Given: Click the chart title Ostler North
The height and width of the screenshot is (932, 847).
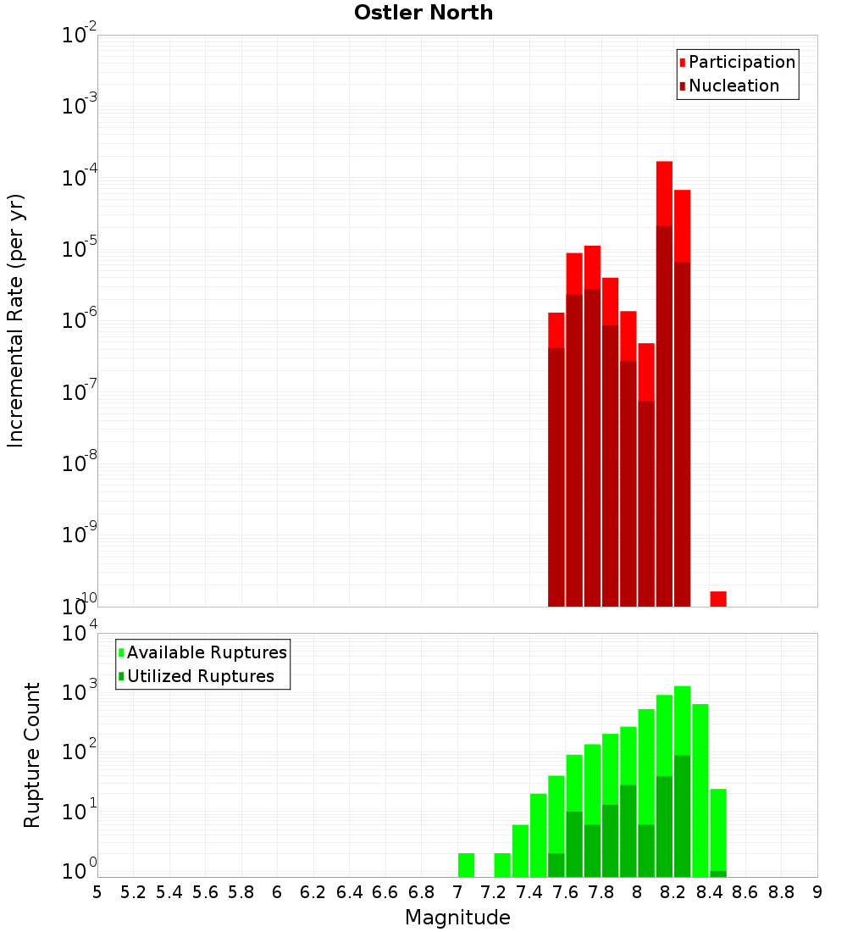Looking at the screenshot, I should tap(423, 13).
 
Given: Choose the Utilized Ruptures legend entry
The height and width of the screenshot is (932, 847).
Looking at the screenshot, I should tap(200, 676).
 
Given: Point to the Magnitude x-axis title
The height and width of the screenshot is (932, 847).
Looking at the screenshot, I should tap(457, 918).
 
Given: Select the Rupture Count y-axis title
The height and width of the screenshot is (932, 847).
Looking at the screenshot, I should tap(32, 755).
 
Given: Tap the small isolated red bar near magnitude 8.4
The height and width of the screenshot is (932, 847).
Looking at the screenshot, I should tap(718, 599).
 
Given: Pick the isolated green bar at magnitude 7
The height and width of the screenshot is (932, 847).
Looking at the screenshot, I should tap(466, 864).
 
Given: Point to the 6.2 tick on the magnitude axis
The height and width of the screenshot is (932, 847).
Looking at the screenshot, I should tap(313, 892).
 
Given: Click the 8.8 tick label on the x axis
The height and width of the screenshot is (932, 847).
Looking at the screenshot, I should tap(781, 892).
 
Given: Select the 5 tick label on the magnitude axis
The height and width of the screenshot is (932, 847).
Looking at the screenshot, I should tap(97, 892).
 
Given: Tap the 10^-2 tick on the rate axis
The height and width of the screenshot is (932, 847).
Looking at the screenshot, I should tap(80, 36).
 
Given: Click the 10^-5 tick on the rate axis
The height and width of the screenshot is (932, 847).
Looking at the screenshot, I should tap(80, 249).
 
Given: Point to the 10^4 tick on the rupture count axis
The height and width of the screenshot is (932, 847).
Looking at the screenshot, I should tap(80, 634).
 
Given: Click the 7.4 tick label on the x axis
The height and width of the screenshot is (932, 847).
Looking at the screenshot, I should tap(529, 892).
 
